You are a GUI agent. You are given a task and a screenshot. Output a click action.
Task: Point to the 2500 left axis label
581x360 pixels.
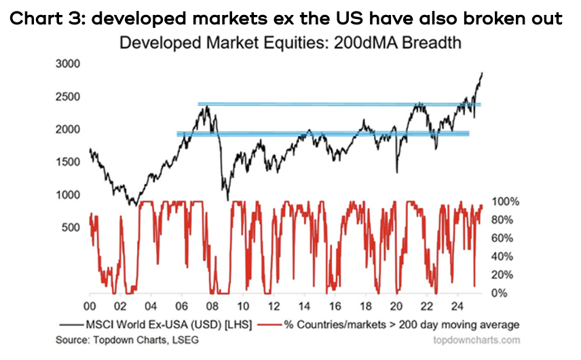[70, 96]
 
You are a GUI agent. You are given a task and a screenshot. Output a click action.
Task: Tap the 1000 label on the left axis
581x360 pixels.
[70, 195]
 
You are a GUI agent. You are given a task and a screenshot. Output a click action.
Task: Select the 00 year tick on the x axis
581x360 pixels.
[90, 306]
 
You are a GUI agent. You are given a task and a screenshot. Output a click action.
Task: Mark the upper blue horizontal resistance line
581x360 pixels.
[339, 105]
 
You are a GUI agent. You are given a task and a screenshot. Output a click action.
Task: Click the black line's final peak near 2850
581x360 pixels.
[483, 73]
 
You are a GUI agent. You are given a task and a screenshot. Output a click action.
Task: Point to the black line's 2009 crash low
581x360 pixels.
[227, 198]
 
